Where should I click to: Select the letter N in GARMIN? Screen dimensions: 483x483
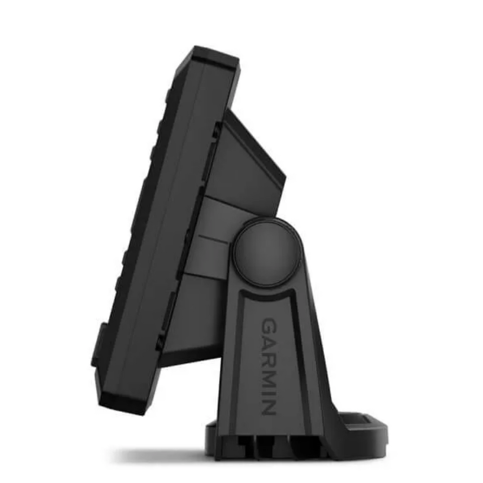click(x=268, y=407)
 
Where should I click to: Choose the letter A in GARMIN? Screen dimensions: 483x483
click(x=269, y=341)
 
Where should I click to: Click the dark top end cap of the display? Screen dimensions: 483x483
click(x=212, y=59)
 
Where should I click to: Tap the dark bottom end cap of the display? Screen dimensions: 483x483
click(x=123, y=401)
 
